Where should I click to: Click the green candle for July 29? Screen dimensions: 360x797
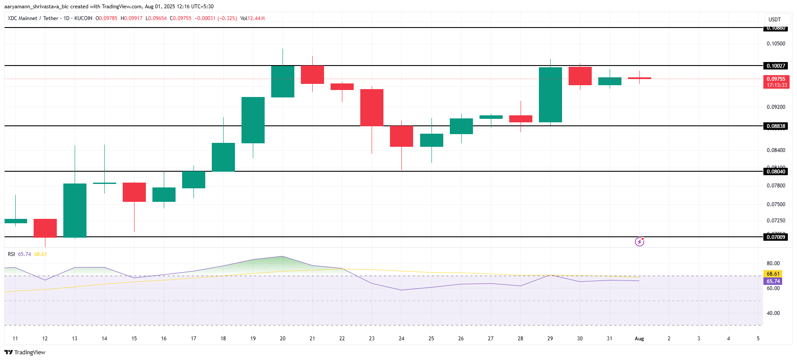point(550,95)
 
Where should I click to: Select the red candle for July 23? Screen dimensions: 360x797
point(372,107)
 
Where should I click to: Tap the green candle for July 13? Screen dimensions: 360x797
point(75,210)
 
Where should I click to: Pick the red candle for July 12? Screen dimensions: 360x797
point(45,228)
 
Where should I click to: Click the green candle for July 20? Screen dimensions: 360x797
point(283,81)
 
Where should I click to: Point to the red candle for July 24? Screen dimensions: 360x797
point(401,136)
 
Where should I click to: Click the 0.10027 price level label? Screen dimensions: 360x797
point(776,66)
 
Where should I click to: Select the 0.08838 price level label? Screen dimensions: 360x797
point(776,126)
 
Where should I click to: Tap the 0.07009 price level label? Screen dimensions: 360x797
point(776,237)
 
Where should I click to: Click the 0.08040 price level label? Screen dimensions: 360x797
point(776,172)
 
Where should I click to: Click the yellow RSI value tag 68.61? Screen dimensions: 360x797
point(773,274)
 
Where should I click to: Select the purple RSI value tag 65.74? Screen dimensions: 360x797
point(773,281)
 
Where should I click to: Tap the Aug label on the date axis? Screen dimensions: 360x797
point(639,339)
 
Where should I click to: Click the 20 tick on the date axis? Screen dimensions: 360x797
point(283,339)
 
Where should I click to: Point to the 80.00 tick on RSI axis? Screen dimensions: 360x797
point(773,263)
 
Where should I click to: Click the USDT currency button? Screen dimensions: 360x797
point(775,20)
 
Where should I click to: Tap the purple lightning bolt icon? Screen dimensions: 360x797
point(639,242)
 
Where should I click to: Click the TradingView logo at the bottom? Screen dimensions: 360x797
point(25,352)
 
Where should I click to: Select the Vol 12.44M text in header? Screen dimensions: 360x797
point(253,18)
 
